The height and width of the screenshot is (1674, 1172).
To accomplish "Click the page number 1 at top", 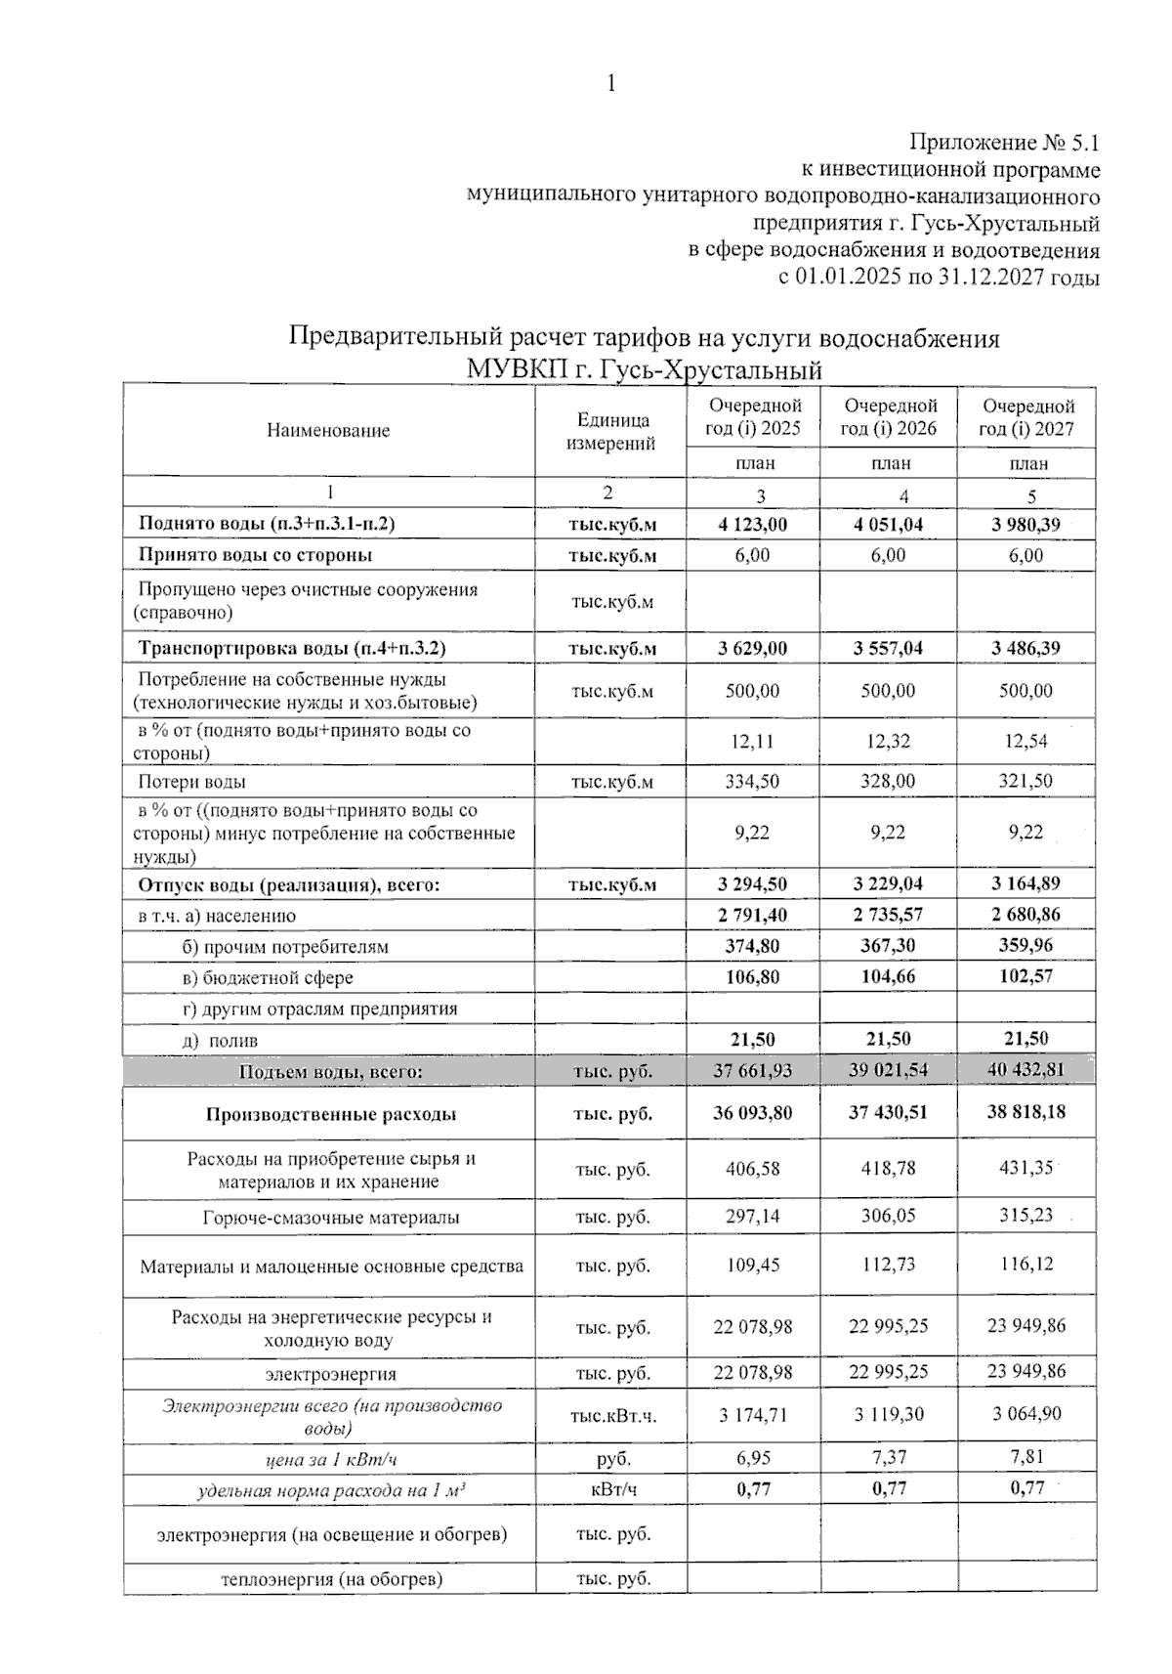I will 611,84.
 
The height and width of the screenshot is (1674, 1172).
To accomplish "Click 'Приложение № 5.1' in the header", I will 1004,143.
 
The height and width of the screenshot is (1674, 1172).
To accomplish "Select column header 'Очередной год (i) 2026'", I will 889,417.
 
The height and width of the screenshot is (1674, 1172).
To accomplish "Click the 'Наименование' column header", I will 328,430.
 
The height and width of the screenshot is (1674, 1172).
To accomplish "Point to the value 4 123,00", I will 752,525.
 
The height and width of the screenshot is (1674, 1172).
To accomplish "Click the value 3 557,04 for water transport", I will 888,648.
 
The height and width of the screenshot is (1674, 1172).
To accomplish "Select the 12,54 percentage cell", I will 1025,741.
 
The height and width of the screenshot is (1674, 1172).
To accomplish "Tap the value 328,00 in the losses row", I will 888,781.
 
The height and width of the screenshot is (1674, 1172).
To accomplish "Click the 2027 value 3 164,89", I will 1025,883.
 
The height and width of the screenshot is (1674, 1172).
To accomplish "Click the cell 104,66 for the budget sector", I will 888,976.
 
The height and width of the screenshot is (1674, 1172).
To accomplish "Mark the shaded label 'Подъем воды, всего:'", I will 330,1072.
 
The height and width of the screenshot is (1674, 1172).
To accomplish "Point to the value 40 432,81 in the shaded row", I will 1025,1069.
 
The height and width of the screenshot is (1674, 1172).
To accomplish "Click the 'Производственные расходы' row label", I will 330,1114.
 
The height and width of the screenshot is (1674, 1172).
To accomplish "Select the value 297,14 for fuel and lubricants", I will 752,1217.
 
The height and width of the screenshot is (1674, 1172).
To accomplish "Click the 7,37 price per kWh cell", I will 888,1457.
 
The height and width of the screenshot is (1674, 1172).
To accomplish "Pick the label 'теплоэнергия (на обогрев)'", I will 331,1579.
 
